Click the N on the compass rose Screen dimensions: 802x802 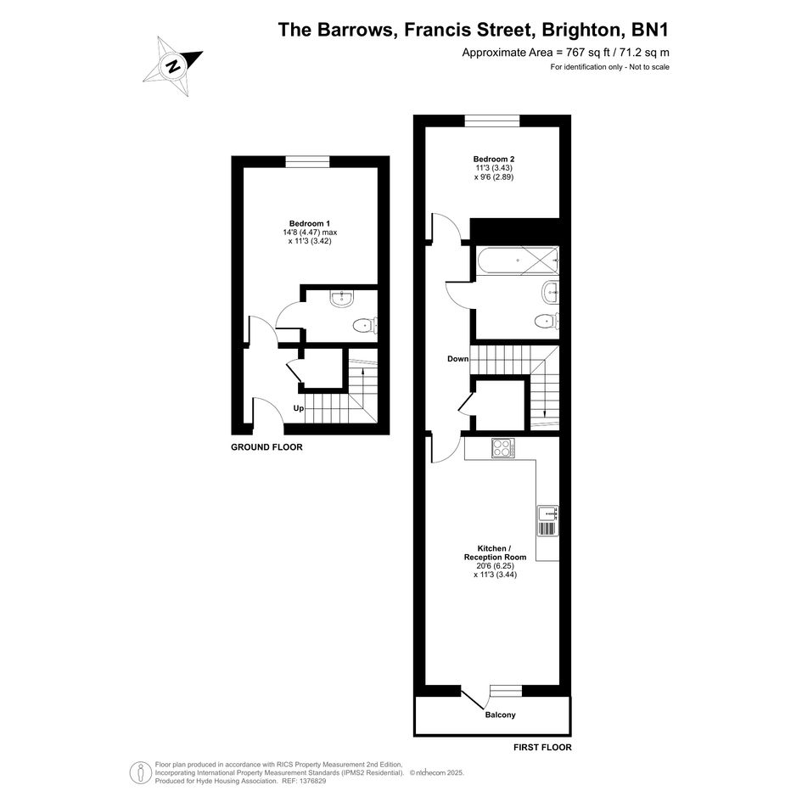coord(174,66)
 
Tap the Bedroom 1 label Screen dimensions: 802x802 coord(310,223)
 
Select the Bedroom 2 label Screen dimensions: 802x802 coord(494,159)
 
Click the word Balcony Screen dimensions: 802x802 coord(500,715)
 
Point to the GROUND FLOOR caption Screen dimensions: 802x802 coord(266,447)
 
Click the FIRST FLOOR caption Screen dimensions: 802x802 coord(542,748)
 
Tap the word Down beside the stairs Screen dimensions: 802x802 coord(457,359)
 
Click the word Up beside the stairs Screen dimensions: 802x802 coord(298,408)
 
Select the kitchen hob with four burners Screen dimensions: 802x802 coord(502,449)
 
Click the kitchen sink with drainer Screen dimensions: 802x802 coord(547,521)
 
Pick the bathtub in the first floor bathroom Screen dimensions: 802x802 coord(518,261)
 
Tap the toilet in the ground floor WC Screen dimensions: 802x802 coord(365,325)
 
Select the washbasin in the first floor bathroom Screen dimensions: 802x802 coord(550,293)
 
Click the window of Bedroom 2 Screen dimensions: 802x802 coord(492,121)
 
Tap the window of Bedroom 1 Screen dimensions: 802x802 coord(307,161)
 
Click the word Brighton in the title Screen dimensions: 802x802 coord(582,30)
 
